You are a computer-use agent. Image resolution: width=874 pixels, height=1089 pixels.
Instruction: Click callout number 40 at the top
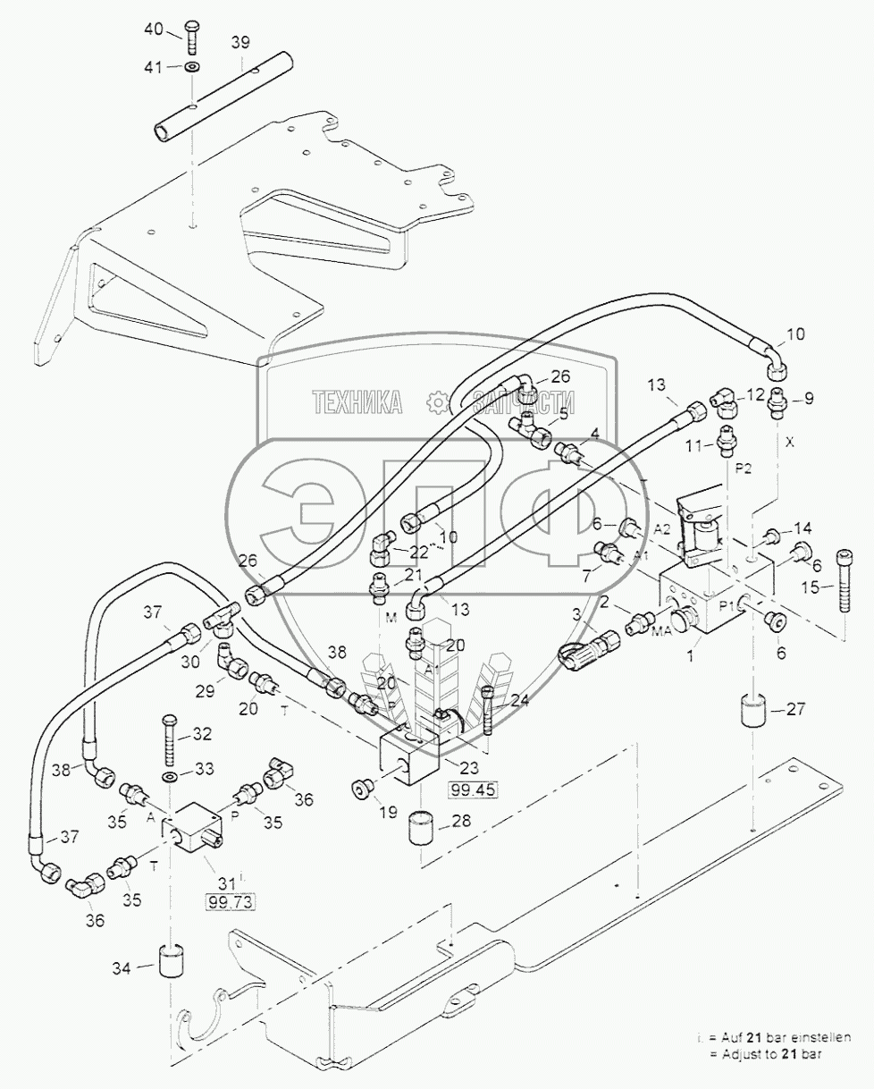154,30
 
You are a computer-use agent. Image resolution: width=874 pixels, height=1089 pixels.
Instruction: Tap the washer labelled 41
193,67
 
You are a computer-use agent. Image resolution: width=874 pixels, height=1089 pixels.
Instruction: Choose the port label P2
741,467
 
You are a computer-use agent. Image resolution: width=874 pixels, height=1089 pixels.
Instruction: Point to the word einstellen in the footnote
819,1037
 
